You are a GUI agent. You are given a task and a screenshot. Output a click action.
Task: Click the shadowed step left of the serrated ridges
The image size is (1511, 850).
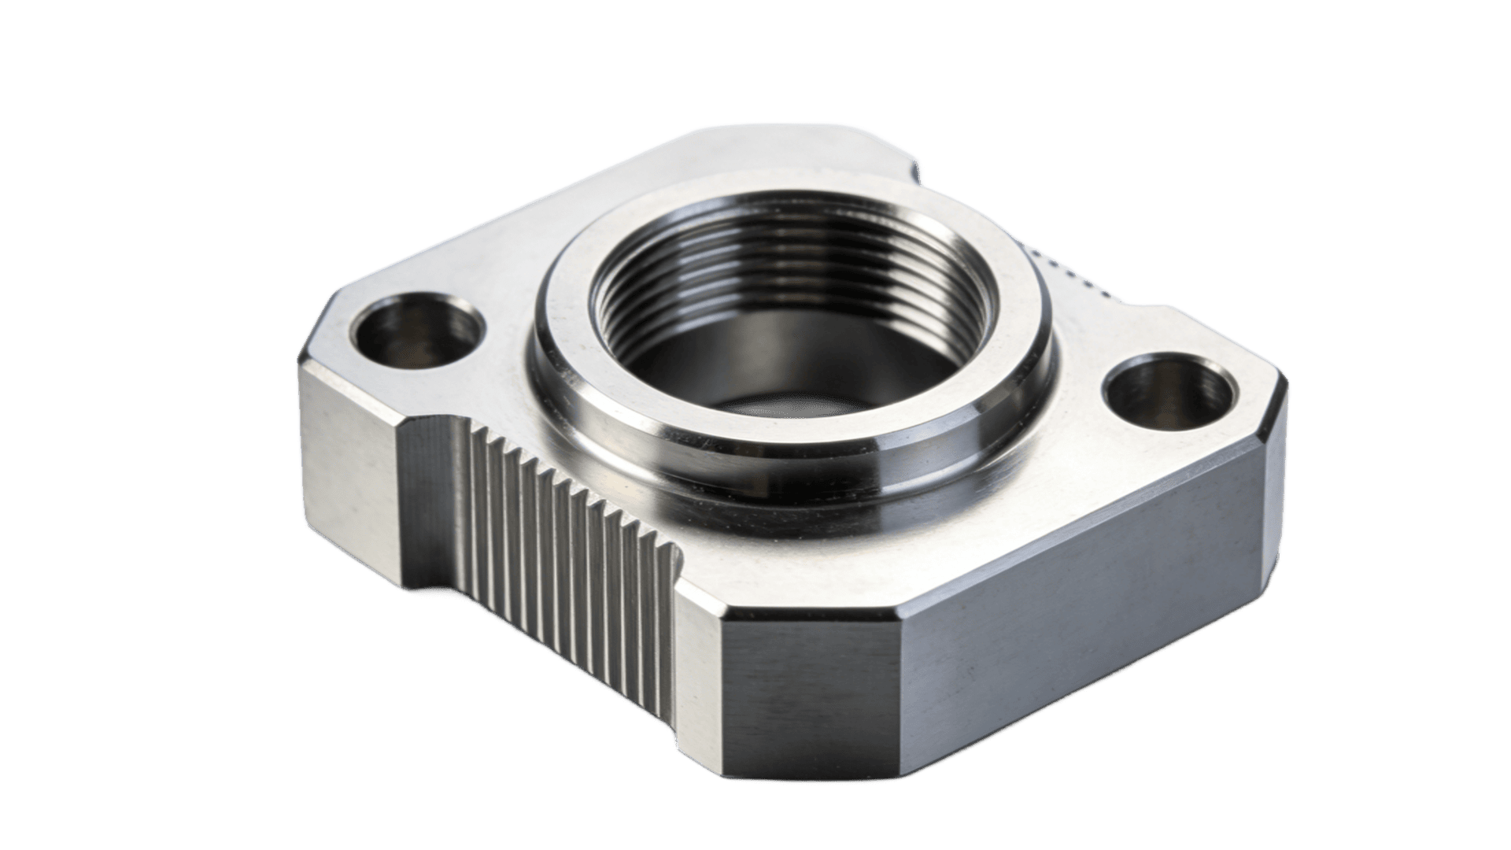[x=429, y=504]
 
